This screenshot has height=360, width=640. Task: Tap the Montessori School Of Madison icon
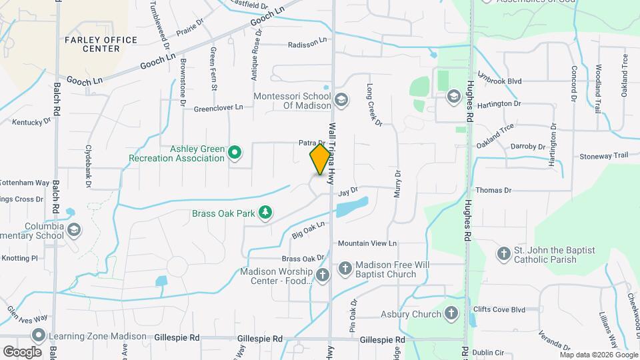[x=341, y=100]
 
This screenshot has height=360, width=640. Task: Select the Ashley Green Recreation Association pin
[x=235, y=153]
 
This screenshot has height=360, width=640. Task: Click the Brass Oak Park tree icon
[x=266, y=213]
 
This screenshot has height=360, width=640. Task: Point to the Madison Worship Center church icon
[x=323, y=275]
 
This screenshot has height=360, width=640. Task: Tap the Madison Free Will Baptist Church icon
[x=345, y=269]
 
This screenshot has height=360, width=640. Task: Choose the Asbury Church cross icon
[x=451, y=313]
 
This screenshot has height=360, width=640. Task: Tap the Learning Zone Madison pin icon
[x=39, y=335]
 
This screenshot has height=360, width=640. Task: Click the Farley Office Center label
[x=101, y=44]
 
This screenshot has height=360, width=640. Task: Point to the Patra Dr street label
[x=311, y=143]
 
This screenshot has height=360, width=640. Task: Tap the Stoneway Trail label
[x=604, y=155]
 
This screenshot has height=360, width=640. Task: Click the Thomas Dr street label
[x=493, y=190]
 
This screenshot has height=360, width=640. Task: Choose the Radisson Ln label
[x=307, y=45]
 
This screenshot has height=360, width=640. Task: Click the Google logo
[x=22, y=351]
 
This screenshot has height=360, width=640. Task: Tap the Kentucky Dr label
[x=31, y=122]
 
